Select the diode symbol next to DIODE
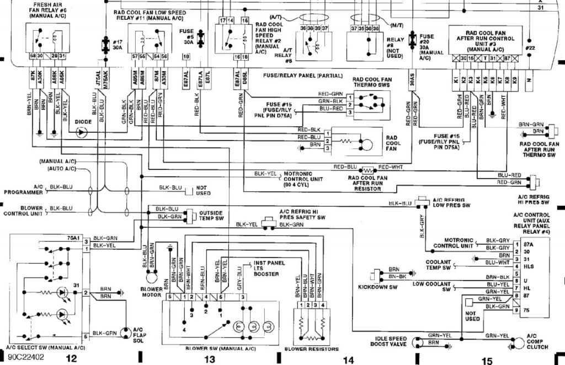click(82, 132)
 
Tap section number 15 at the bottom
click(487, 361)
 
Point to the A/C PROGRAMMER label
click(23, 190)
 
